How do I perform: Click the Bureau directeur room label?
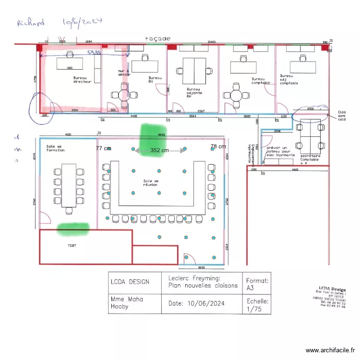click(x=82, y=79)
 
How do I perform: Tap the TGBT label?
click(x=72, y=245)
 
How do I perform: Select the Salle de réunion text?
click(x=151, y=183)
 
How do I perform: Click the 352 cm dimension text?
click(x=160, y=150)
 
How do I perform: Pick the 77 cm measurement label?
click(x=103, y=148)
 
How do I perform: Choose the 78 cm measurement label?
click(x=218, y=146)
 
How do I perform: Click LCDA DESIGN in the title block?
click(x=130, y=282)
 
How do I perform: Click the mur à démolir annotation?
click(x=124, y=72)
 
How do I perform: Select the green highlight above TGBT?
click(x=72, y=229)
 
